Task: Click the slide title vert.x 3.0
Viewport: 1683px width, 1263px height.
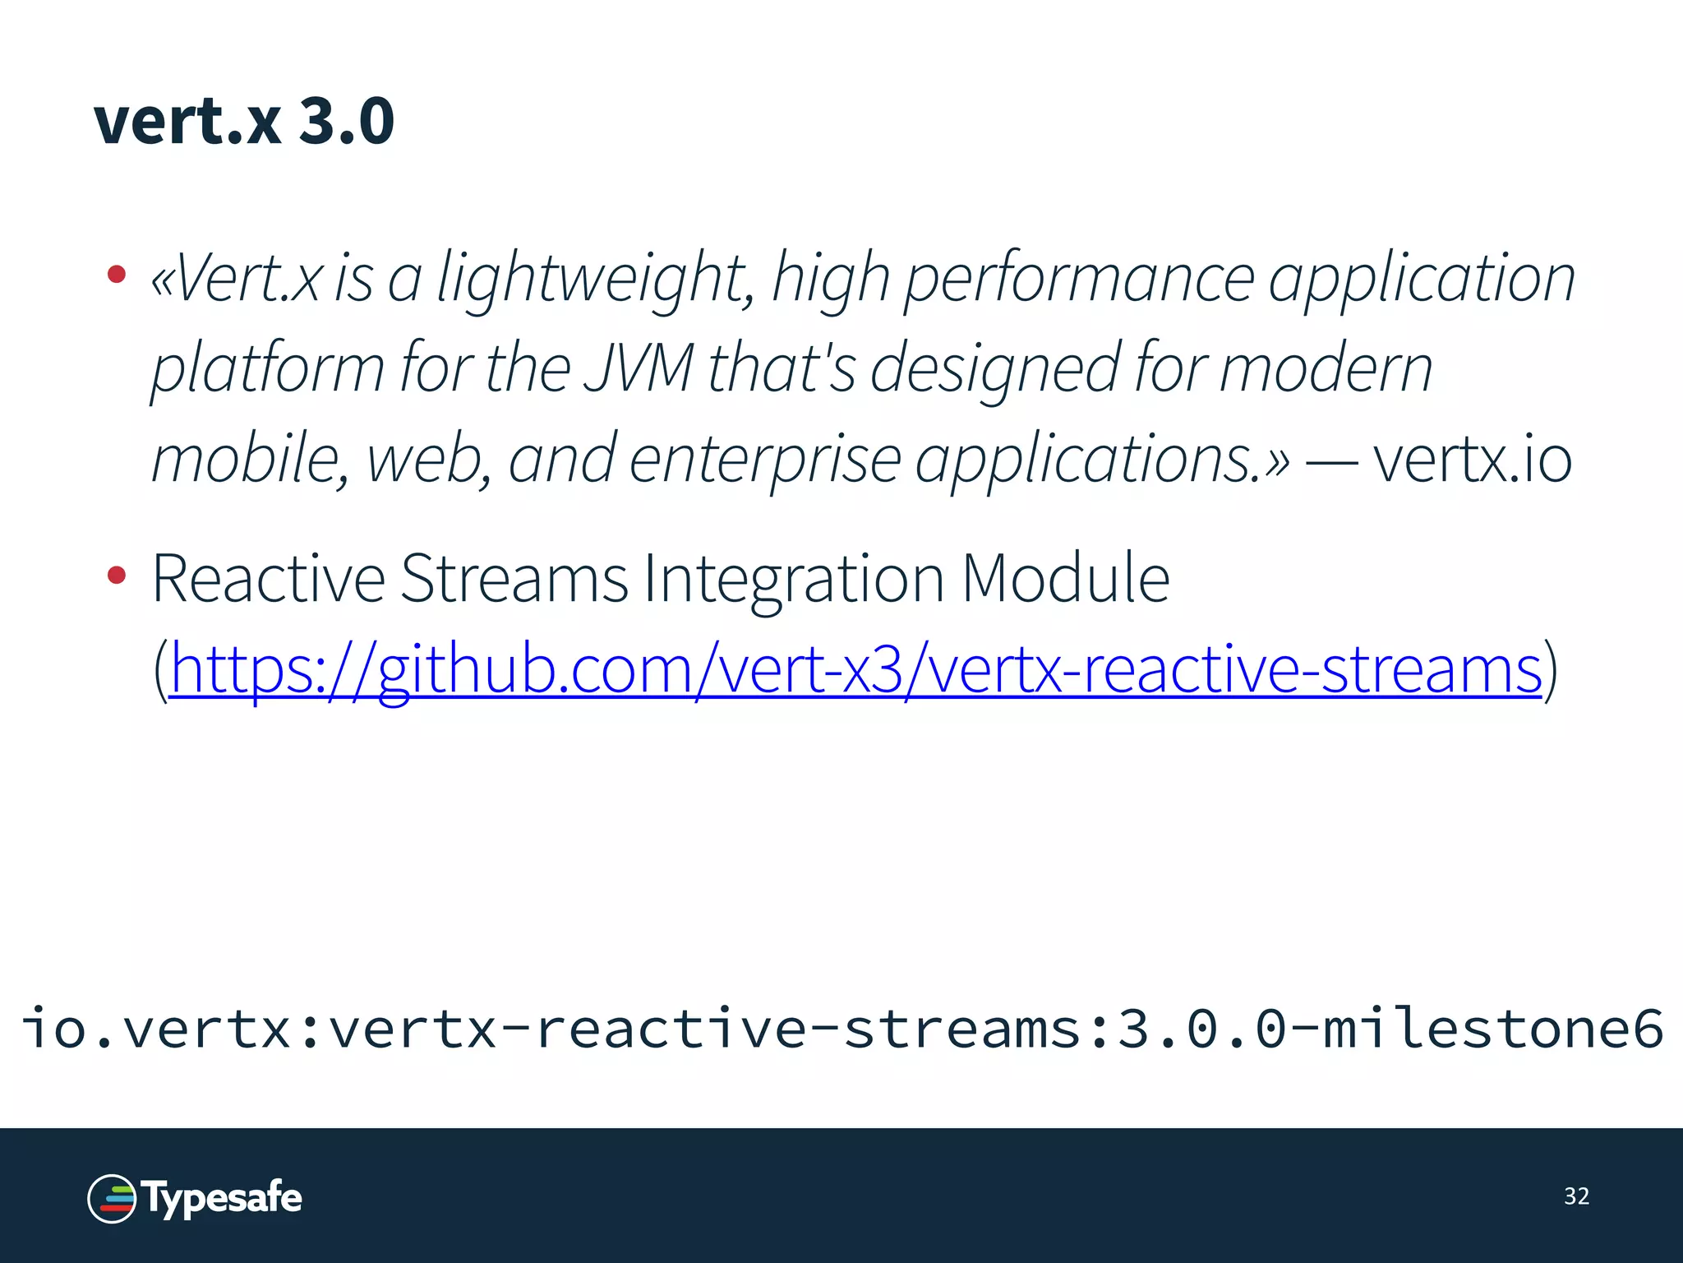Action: pos(244,121)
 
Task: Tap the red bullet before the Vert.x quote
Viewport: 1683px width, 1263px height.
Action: pos(117,274)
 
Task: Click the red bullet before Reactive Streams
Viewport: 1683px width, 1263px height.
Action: pos(117,575)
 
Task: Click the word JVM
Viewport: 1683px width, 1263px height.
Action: pos(639,368)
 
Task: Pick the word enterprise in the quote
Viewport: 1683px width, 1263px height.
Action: pos(765,459)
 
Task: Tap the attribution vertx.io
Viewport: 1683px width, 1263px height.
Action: pos(1472,459)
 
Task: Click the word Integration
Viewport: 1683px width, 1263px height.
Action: pos(794,579)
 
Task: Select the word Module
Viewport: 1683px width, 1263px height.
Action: pos(1065,579)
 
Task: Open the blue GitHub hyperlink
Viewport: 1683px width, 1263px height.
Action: pos(855,669)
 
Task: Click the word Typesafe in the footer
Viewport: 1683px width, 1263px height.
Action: pos(223,1197)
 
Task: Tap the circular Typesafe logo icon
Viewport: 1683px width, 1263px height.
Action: pos(112,1198)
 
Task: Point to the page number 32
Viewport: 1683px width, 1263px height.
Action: pos(1576,1196)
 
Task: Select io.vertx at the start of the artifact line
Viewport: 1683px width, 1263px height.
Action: pos(156,1029)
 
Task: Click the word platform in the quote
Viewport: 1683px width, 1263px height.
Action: pos(268,368)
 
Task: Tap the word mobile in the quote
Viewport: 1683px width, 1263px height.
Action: pos(245,459)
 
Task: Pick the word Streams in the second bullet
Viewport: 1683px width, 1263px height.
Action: pos(514,579)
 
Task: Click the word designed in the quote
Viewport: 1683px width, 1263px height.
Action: pos(994,368)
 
